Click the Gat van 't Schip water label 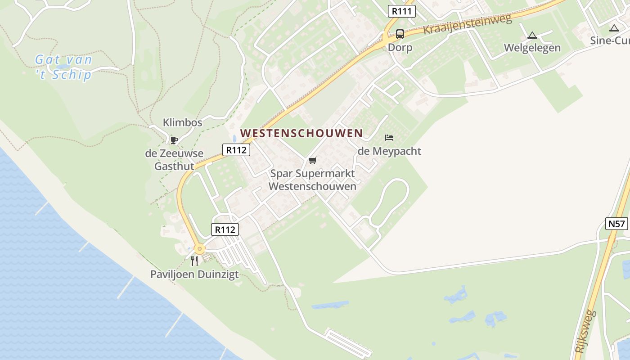(x=63, y=67)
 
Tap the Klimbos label (x=182, y=122)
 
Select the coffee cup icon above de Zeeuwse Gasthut (x=174, y=140)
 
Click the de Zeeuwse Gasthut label (x=174, y=160)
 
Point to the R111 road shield (x=401, y=11)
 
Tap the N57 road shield (x=616, y=224)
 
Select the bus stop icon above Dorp (x=400, y=34)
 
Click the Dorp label (x=400, y=48)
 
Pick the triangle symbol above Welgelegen (x=532, y=35)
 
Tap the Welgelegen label (x=532, y=48)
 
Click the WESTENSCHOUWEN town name (x=301, y=133)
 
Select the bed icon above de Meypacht (x=389, y=137)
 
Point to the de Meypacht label (x=389, y=151)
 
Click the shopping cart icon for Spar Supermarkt (x=313, y=160)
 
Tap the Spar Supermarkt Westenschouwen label (x=312, y=180)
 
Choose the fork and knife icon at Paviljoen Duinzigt (x=194, y=261)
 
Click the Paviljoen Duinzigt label (x=194, y=274)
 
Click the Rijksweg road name (x=585, y=331)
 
